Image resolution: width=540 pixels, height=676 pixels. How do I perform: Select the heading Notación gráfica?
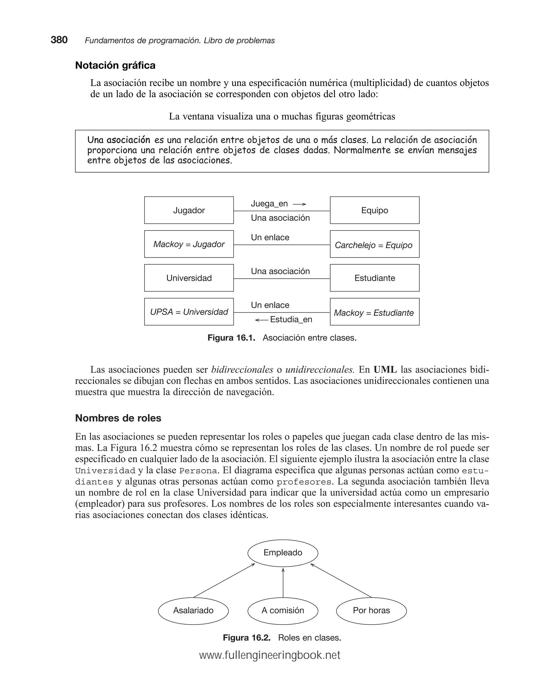point(115,65)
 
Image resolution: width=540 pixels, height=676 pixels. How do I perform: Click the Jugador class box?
point(189,210)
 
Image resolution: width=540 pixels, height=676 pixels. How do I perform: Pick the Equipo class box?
point(374,210)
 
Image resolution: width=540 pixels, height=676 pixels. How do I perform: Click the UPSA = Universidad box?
point(189,312)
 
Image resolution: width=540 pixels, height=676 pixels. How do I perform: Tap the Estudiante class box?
point(374,278)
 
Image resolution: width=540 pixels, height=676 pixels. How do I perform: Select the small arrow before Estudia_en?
point(262,320)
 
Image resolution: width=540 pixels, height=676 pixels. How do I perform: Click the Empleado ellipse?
point(283,552)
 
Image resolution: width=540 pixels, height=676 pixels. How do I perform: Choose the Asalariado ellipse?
point(193,610)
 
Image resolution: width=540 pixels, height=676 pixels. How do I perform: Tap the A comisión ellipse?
point(283,610)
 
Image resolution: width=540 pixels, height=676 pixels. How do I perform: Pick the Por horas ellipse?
point(371,610)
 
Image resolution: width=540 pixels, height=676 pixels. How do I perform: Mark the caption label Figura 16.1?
point(231,338)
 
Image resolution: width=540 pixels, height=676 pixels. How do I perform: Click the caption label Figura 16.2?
point(247,637)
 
